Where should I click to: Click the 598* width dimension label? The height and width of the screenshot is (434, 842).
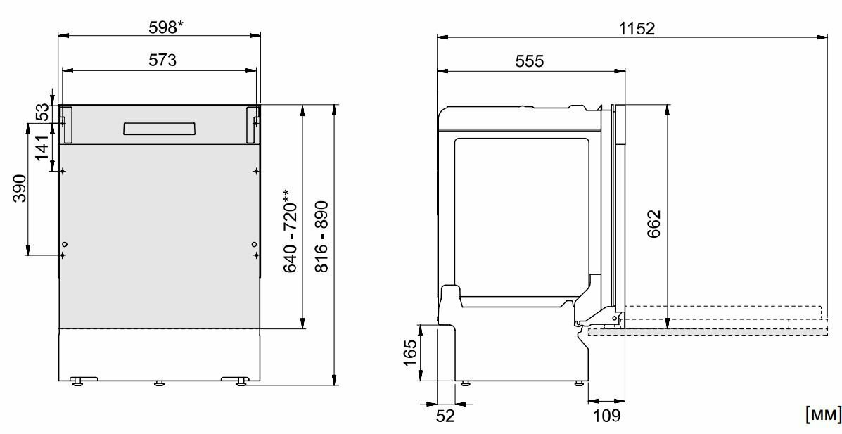[166, 27]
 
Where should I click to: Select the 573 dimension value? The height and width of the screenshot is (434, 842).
[162, 60]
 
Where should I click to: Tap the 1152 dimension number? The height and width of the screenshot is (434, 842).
[637, 28]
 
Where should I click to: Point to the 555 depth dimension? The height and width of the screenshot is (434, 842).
[530, 61]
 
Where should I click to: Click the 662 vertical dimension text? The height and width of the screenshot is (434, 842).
[653, 224]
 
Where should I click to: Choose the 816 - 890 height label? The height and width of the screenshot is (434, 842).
[321, 236]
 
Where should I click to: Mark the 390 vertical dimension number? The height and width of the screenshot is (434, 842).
[19, 188]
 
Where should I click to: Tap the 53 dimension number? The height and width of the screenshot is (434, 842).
[42, 113]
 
